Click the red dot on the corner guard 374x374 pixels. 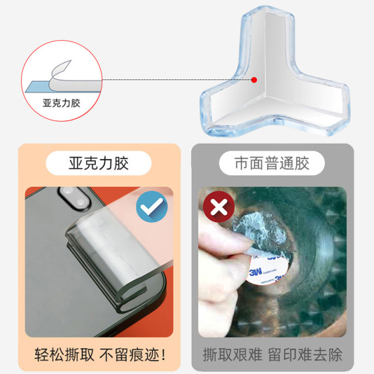click(x=254, y=80)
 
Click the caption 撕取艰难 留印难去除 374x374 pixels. click(x=273, y=354)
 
